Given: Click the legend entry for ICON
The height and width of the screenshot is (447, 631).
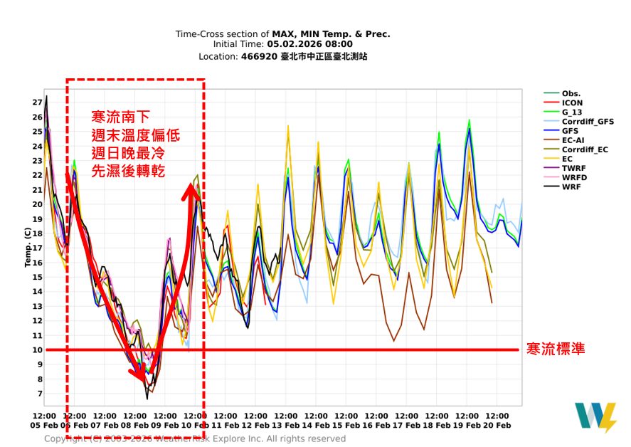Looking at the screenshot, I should pos(572,103).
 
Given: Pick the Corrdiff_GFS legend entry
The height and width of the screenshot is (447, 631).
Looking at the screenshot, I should pos(587,122).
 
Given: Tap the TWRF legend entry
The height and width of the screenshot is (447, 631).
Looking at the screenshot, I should pos(573,168).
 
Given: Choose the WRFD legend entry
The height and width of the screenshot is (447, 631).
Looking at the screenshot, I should pos(574,177).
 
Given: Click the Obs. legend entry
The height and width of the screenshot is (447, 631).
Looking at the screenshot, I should pos(571,94).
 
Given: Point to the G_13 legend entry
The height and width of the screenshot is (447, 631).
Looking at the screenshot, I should pos(572,112).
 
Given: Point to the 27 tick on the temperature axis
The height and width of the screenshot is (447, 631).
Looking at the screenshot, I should pos(37,102).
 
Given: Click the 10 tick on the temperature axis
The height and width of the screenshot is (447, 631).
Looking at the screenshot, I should pos(37,350).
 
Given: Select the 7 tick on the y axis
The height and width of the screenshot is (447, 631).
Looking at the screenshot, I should pos(39,394).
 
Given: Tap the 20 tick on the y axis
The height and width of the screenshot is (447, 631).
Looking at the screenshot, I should pos(37,204).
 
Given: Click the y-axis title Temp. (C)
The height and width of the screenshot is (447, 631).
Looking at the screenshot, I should pos(28,248).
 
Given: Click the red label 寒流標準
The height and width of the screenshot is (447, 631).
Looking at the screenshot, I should pos(556,349).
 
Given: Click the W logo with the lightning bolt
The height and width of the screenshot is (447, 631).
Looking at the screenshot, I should pos(595,417).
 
